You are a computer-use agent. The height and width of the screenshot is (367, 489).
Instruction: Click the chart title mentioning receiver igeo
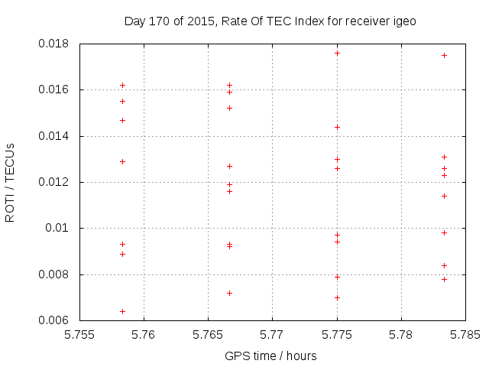[270, 21]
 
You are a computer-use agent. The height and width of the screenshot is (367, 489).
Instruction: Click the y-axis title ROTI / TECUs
[11, 182]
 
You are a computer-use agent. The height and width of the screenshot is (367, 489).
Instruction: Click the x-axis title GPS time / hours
[270, 356]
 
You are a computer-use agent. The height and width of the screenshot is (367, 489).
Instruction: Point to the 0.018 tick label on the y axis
[53, 44]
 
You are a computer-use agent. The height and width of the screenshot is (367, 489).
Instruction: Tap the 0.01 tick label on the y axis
[59, 228]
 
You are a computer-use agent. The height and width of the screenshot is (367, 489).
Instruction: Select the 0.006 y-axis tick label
[53, 320]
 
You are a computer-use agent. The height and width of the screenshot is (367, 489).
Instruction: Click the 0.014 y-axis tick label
[53, 136]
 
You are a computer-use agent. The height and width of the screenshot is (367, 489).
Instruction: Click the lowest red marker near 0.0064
[122, 311]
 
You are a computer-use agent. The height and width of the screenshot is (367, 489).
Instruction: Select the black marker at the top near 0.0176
[337, 53]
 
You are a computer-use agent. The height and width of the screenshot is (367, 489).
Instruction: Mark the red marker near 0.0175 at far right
[444, 55]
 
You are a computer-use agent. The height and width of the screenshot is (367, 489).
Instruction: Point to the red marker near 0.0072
[229, 293]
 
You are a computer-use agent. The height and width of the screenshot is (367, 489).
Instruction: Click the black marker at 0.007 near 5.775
[337, 297]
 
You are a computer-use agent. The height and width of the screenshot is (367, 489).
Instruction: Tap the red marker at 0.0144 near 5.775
[337, 127]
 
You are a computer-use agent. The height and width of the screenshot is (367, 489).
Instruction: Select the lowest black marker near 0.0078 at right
[444, 279]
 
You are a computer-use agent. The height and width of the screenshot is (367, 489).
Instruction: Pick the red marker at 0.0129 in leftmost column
[122, 161]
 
